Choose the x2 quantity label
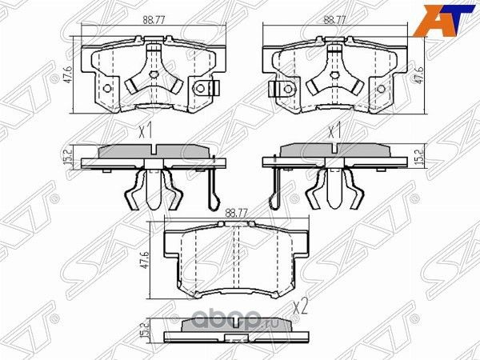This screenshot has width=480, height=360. click(302, 306)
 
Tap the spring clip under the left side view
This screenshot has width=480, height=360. click(151, 192)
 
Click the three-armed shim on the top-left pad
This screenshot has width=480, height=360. click(150, 78)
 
